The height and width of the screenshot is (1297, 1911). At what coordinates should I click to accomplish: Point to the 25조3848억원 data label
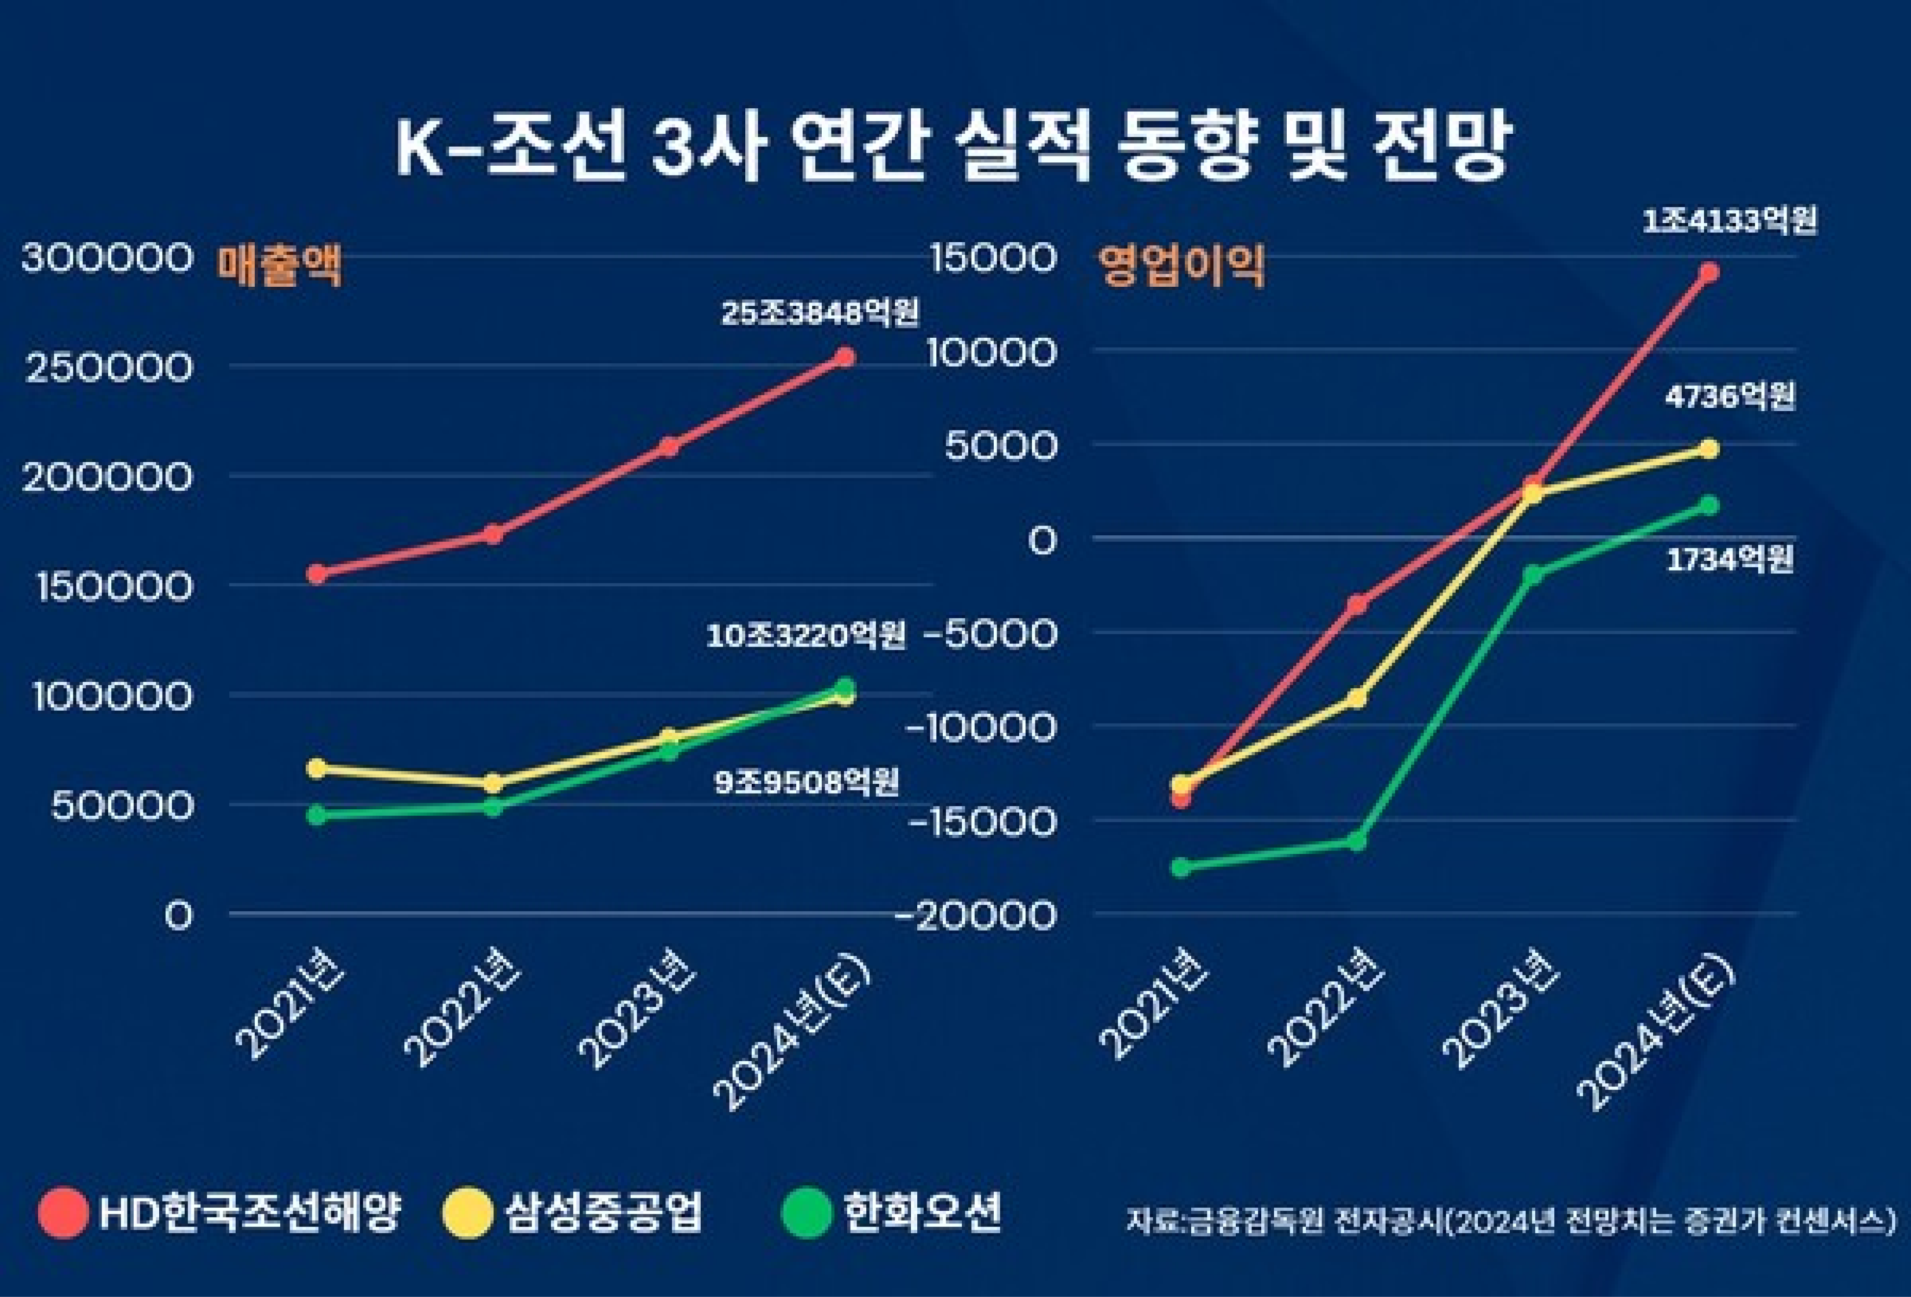820,313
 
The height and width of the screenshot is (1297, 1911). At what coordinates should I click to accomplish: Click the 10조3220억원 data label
806,635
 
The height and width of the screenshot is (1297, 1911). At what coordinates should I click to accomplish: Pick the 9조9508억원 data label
806,782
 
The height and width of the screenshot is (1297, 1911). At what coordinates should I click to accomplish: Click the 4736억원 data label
1730,397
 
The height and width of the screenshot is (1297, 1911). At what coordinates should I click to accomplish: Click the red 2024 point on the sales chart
844,356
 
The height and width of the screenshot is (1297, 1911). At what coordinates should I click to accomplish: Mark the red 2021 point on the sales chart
317,573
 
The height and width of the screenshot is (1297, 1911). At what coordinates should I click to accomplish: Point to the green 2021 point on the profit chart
1181,867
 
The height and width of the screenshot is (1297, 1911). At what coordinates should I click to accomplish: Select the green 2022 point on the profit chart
1357,841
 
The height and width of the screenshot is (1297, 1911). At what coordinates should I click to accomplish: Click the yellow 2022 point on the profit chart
1357,698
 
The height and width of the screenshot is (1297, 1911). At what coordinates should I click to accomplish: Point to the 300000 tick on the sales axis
107,257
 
